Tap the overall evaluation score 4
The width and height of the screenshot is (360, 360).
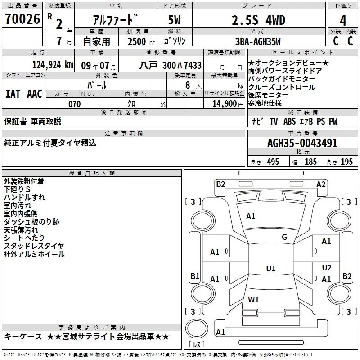pos(343,21)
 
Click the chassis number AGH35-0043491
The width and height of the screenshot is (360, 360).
pos(302,143)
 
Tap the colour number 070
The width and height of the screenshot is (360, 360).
pos(74,104)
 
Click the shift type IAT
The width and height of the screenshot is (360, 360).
pos(13,94)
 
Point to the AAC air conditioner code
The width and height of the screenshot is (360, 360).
pos(35,94)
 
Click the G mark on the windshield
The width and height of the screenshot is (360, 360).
pos(284,237)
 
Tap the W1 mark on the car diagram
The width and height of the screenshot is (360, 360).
pos(254,299)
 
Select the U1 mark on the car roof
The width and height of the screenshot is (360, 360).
pos(270,269)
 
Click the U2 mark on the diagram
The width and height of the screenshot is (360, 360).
pos(327,267)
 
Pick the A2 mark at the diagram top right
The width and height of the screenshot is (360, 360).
pos(321,184)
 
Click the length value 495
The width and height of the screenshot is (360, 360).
pos(273,162)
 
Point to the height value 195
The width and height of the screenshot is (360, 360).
pos(346,162)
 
